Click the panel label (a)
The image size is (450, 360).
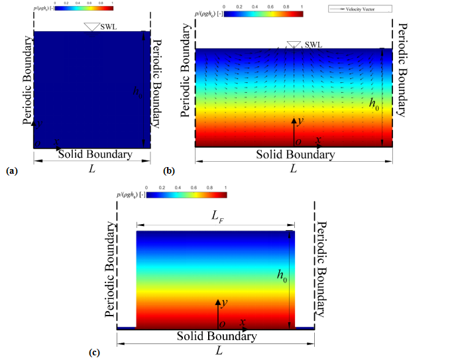11,171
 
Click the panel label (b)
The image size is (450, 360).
170,171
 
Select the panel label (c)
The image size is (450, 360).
95,352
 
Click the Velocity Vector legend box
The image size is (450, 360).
363,9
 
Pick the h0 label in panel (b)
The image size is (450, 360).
374,103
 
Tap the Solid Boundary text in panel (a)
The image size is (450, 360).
94,154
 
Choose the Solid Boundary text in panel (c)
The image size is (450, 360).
216,336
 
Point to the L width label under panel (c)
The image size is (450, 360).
219,350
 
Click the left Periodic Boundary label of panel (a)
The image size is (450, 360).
27,82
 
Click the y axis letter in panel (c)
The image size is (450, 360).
224,302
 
